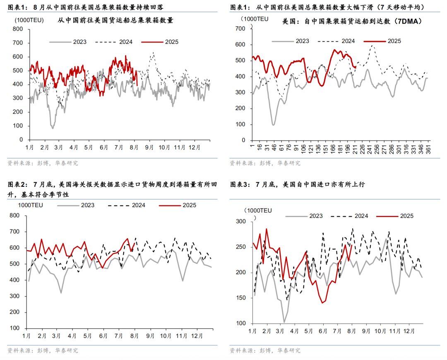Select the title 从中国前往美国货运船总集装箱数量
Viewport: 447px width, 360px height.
click(x=115, y=20)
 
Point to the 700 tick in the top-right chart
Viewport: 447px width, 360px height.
click(x=240, y=28)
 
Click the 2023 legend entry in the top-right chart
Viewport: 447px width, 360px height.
click(x=302, y=41)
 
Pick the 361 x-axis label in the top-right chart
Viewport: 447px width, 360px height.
click(x=428, y=147)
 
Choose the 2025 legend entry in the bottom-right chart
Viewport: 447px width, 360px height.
click(x=406, y=216)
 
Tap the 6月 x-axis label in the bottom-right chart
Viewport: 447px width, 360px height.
click(x=322, y=331)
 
